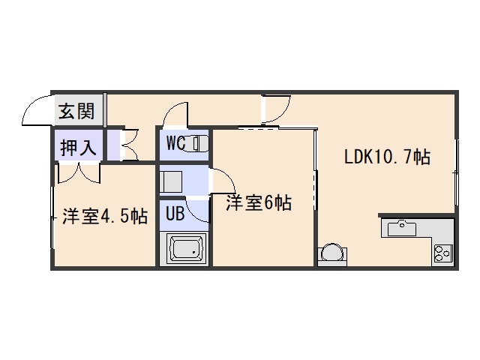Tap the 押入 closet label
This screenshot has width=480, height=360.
click(x=79, y=147)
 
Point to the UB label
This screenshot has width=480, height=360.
click(x=175, y=214)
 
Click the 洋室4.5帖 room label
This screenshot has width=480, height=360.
click(x=104, y=217)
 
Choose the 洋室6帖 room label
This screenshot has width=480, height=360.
click(x=259, y=202)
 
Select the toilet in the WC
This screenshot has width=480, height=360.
click(x=199, y=142)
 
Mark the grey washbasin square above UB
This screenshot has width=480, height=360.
click(x=170, y=181)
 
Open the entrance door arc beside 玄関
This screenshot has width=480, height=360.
click(x=36, y=112)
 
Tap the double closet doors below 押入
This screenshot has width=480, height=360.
click(x=78, y=172)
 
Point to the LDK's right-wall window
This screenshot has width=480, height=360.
click(x=455, y=181)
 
